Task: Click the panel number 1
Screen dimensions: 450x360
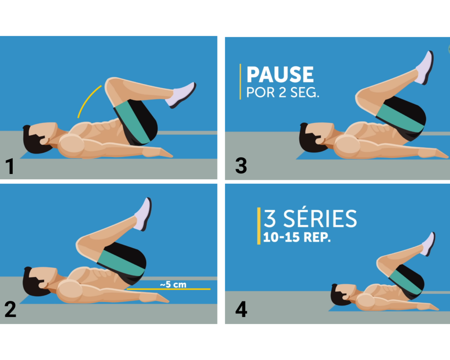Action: (x=10, y=167)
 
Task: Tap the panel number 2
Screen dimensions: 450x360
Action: (x=11, y=309)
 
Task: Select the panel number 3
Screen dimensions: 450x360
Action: (x=241, y=166)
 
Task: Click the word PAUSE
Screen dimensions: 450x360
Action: (x=280, y=74)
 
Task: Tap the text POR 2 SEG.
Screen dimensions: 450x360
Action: (x=283, y=92)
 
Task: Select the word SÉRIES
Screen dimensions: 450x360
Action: (x=320, y=219)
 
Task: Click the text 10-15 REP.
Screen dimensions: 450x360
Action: (x=297, y=237)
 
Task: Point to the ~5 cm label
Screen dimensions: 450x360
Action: (x=173, y=284)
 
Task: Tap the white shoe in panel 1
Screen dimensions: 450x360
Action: (x=181, y=95)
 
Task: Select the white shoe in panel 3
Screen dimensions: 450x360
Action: (x=425, y=68)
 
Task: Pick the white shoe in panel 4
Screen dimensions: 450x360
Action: (x=428, y=244)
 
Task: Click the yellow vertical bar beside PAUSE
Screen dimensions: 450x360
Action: (x=240, y=82)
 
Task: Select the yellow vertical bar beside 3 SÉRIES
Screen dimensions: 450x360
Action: (x=259, y=226)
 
